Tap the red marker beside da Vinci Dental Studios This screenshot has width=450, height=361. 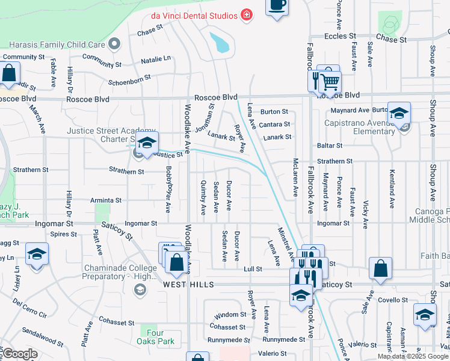pos(246,14)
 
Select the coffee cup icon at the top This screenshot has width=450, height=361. pos(277,6)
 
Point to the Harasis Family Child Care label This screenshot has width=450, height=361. pos(57,44)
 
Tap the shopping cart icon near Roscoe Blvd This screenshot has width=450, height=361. pos(328,81)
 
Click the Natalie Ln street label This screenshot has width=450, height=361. pos(156,60)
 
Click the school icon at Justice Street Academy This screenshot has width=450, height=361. pos(146,143)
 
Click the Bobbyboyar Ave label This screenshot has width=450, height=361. pos(168,189)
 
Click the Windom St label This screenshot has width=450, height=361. pos(230,315)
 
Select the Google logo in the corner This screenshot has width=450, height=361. pos(19,354)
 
